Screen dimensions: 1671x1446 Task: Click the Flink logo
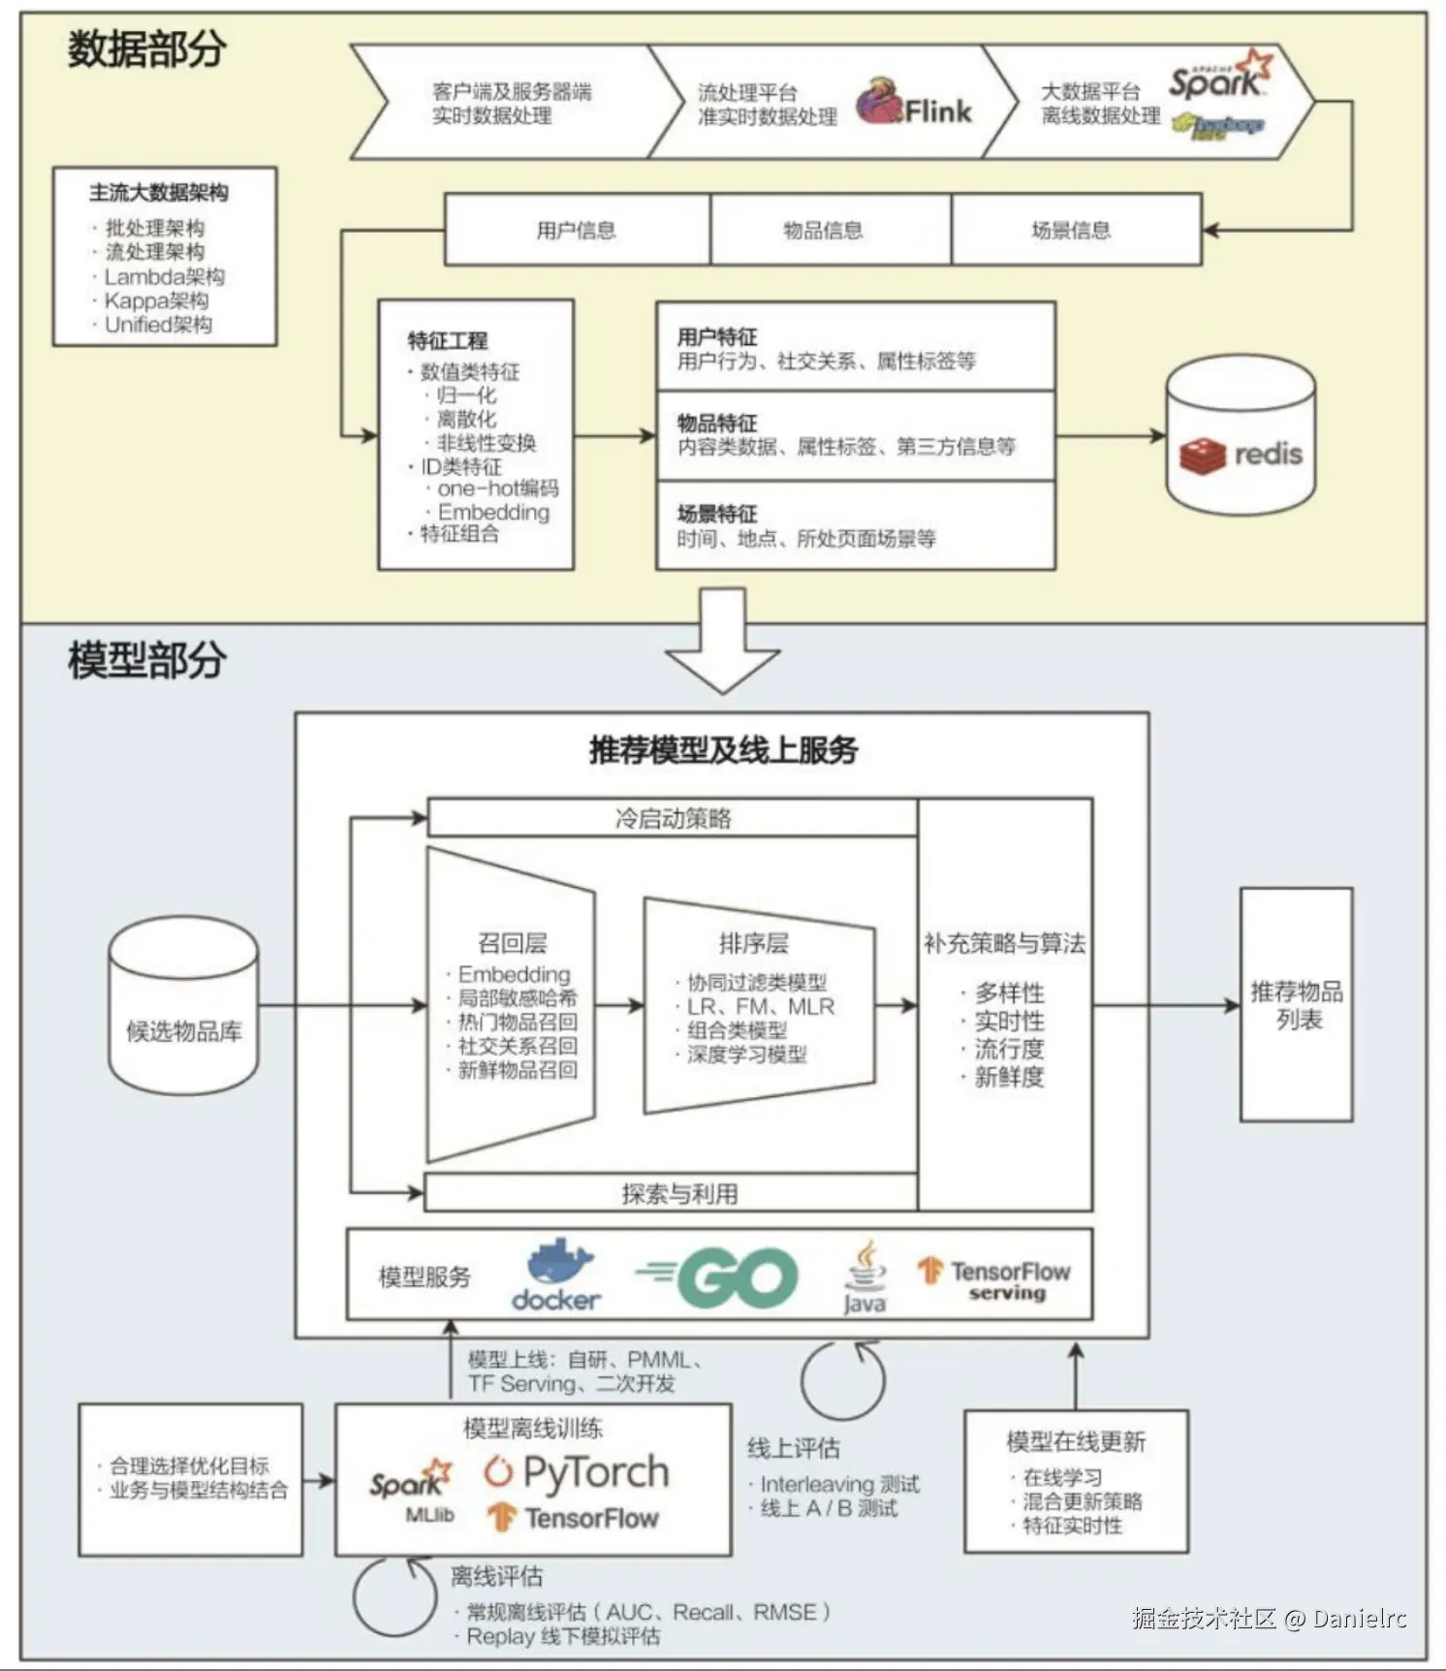(914, 103)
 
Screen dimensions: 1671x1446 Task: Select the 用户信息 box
(577, 230)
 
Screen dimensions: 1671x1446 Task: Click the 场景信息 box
(1072, 230)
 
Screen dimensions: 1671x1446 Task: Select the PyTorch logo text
(578, 1472)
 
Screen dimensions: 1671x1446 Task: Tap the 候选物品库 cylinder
(183, 1007)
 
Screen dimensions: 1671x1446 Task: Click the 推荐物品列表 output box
(1296, 1005)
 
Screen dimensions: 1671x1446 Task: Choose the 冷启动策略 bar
(673, 818)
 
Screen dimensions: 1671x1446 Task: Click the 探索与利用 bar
(673, 1193)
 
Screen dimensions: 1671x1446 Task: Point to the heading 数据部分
(146, 48)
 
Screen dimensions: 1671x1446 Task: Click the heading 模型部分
(146, 660)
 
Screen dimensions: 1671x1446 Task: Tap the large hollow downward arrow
(723, 642)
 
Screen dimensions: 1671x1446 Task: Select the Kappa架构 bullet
(156, 300)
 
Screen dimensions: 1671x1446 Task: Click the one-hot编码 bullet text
(497, 489)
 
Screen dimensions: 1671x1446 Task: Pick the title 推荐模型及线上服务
(723, 749)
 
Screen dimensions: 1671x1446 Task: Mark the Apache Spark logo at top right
(1219, 78)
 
